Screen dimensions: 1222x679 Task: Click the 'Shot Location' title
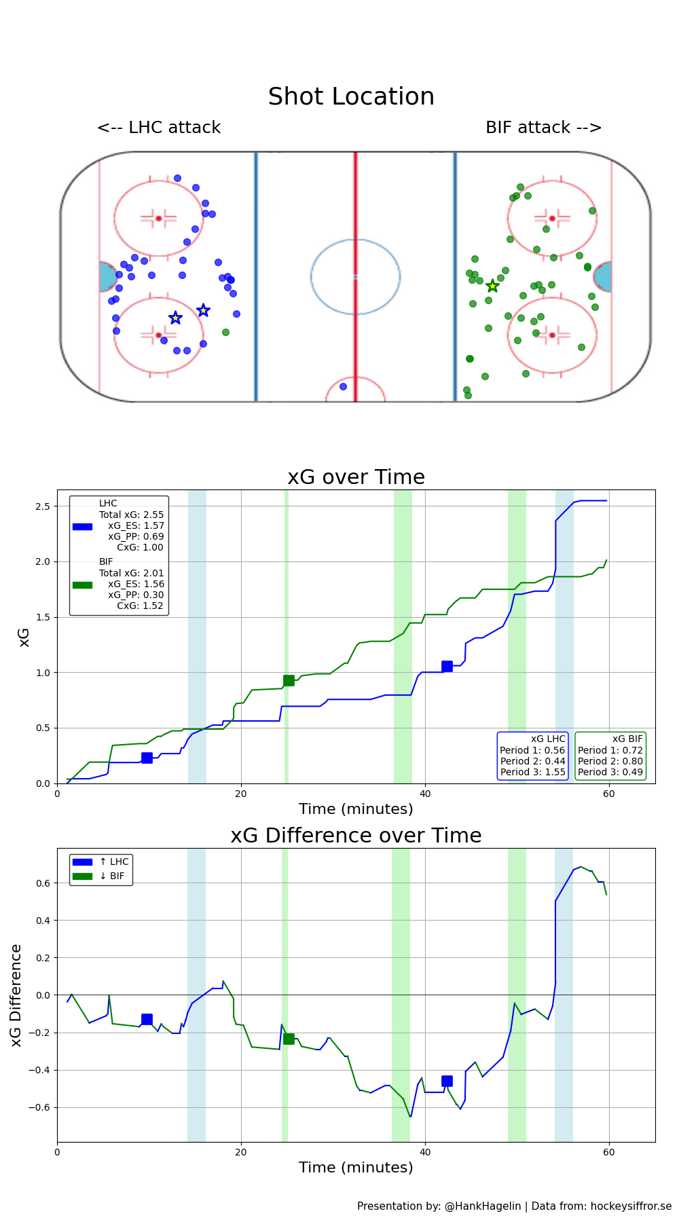pyautogui.click(x=351, y=97)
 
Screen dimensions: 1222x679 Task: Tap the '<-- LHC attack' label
pyautogui.click(x=159, y=128)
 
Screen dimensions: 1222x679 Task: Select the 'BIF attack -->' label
pyautogui.click(x=543, y=128)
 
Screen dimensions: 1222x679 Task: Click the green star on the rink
pyautogui.click(x=492, y=286)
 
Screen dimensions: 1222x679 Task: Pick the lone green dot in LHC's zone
pyautogui.click(x=225, y=332)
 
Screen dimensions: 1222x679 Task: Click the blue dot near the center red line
pyautogui.click(x=343, y=386)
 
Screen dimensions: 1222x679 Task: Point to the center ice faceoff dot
pyautogui.click(x=355, y=276)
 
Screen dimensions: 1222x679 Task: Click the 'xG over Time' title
pyautogui.click(x=356, y=477)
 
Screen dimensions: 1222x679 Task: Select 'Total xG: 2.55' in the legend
pyautogui.click(x=131, y=515)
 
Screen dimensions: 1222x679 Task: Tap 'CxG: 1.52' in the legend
pyautogui.click(x=140, y=606)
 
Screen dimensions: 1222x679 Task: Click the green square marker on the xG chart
pyautogui.click(x=289, y=680)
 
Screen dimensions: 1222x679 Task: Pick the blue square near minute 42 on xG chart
pyautogui.click(x=447, y=667)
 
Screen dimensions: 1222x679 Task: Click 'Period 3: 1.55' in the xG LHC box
pyautogui.click(x=532, y=772)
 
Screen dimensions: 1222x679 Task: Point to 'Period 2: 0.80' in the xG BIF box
pyautogui.click(x=610, y=761)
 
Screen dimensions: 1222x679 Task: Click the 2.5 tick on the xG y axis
pyautogui.click(x=42, y=506)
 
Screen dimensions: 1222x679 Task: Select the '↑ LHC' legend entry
pyautogui.click(x=113, y=862)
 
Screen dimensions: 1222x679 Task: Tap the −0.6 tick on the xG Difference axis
pyautogui.click(x=38, y=1107)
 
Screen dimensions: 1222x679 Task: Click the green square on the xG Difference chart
pyautogui.click(x=289, y=1039)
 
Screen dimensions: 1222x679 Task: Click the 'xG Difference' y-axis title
pyautogui.click(x=17, y=995)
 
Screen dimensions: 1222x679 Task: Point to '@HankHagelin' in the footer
pyautogui.click(x=482, y=1206)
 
